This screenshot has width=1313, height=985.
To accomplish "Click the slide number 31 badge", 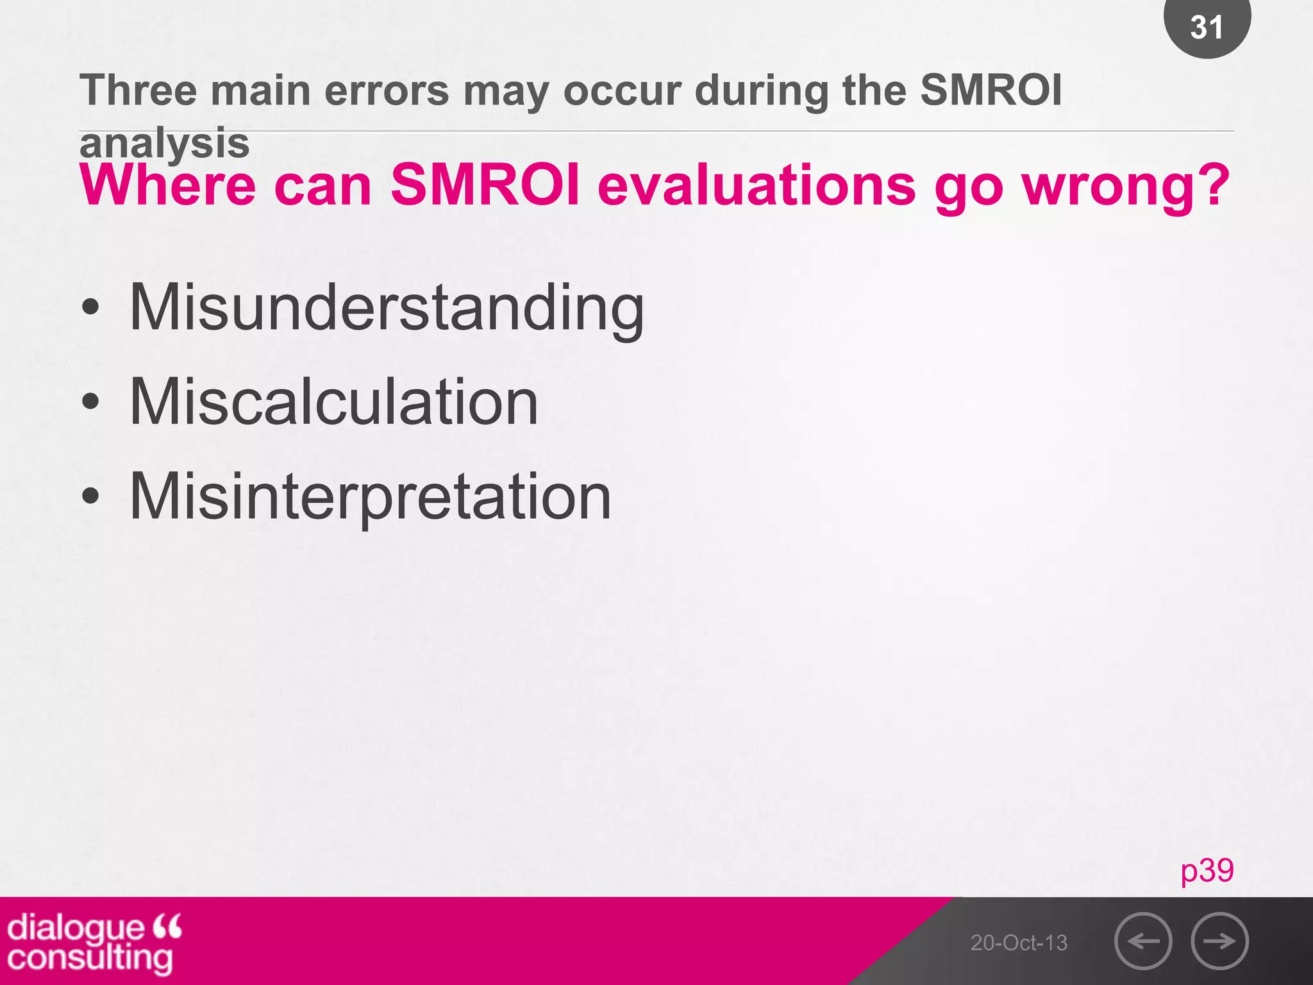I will (1207, 27).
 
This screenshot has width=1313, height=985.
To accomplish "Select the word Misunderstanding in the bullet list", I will (387, 308).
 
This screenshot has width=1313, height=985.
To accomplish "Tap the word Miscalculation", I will (333, 402).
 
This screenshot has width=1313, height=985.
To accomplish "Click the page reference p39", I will (1207, 871).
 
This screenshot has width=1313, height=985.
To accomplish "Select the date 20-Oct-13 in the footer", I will (1019, 943).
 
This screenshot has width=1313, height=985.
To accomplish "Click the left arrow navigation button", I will (1143, 941).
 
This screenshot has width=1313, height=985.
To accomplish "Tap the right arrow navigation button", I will (1219, 941).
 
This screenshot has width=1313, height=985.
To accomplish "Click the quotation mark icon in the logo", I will (167, 926).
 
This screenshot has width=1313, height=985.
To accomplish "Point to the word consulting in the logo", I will (90, 959).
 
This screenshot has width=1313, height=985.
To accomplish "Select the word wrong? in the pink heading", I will (1126, 186).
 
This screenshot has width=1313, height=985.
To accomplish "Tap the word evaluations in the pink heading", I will (757, 186).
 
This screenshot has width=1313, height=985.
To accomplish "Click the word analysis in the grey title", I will (164, 144).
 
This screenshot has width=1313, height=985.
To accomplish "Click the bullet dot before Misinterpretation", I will (91, 496).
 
